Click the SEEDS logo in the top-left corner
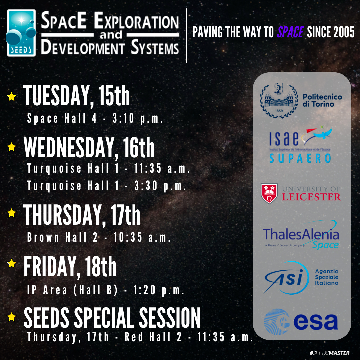coord(21,33)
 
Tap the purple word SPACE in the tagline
coord(290,33)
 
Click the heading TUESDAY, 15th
coord(77,97)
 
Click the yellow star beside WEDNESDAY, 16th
coord(12,147)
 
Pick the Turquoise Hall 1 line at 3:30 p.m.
coord(107,186)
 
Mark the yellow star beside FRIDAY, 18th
coord(12,263)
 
